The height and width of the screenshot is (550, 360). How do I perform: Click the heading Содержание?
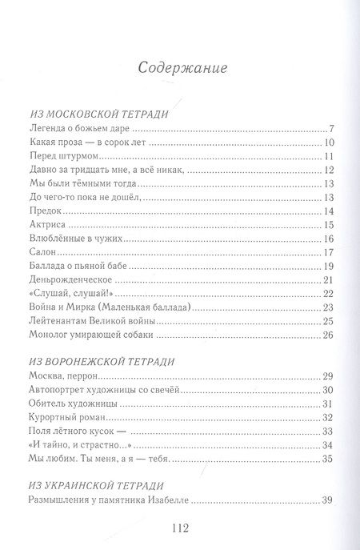(x=180, y=67)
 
